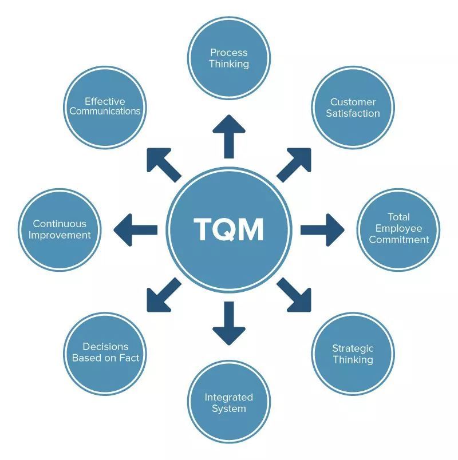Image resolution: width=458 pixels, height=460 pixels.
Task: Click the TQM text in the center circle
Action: [x=229, y=229]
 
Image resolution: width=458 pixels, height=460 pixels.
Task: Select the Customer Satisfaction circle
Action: [x=353, y=108]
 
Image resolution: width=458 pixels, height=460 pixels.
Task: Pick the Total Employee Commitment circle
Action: [x=398, y=229]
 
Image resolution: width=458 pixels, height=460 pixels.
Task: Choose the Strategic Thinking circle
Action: [x=353, y=354]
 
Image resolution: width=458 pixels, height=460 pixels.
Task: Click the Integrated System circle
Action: [x=229, y=402]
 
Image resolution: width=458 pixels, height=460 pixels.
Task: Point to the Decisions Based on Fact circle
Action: [x=105, y=352]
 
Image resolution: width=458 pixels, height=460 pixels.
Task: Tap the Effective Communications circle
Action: [x=105, y=106]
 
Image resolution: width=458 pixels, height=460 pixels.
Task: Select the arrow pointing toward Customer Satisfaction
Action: [x=295, y=164]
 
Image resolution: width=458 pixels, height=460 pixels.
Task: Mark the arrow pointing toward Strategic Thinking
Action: [x=295, y=295]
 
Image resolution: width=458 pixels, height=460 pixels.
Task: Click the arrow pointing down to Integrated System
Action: [x=229, y=323]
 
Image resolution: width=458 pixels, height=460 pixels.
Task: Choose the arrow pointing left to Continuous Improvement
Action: [x=136, y=229]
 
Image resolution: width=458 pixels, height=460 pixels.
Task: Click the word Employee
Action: [x=398, y=229]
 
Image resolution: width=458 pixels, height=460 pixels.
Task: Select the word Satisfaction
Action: [x=353, y=113]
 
